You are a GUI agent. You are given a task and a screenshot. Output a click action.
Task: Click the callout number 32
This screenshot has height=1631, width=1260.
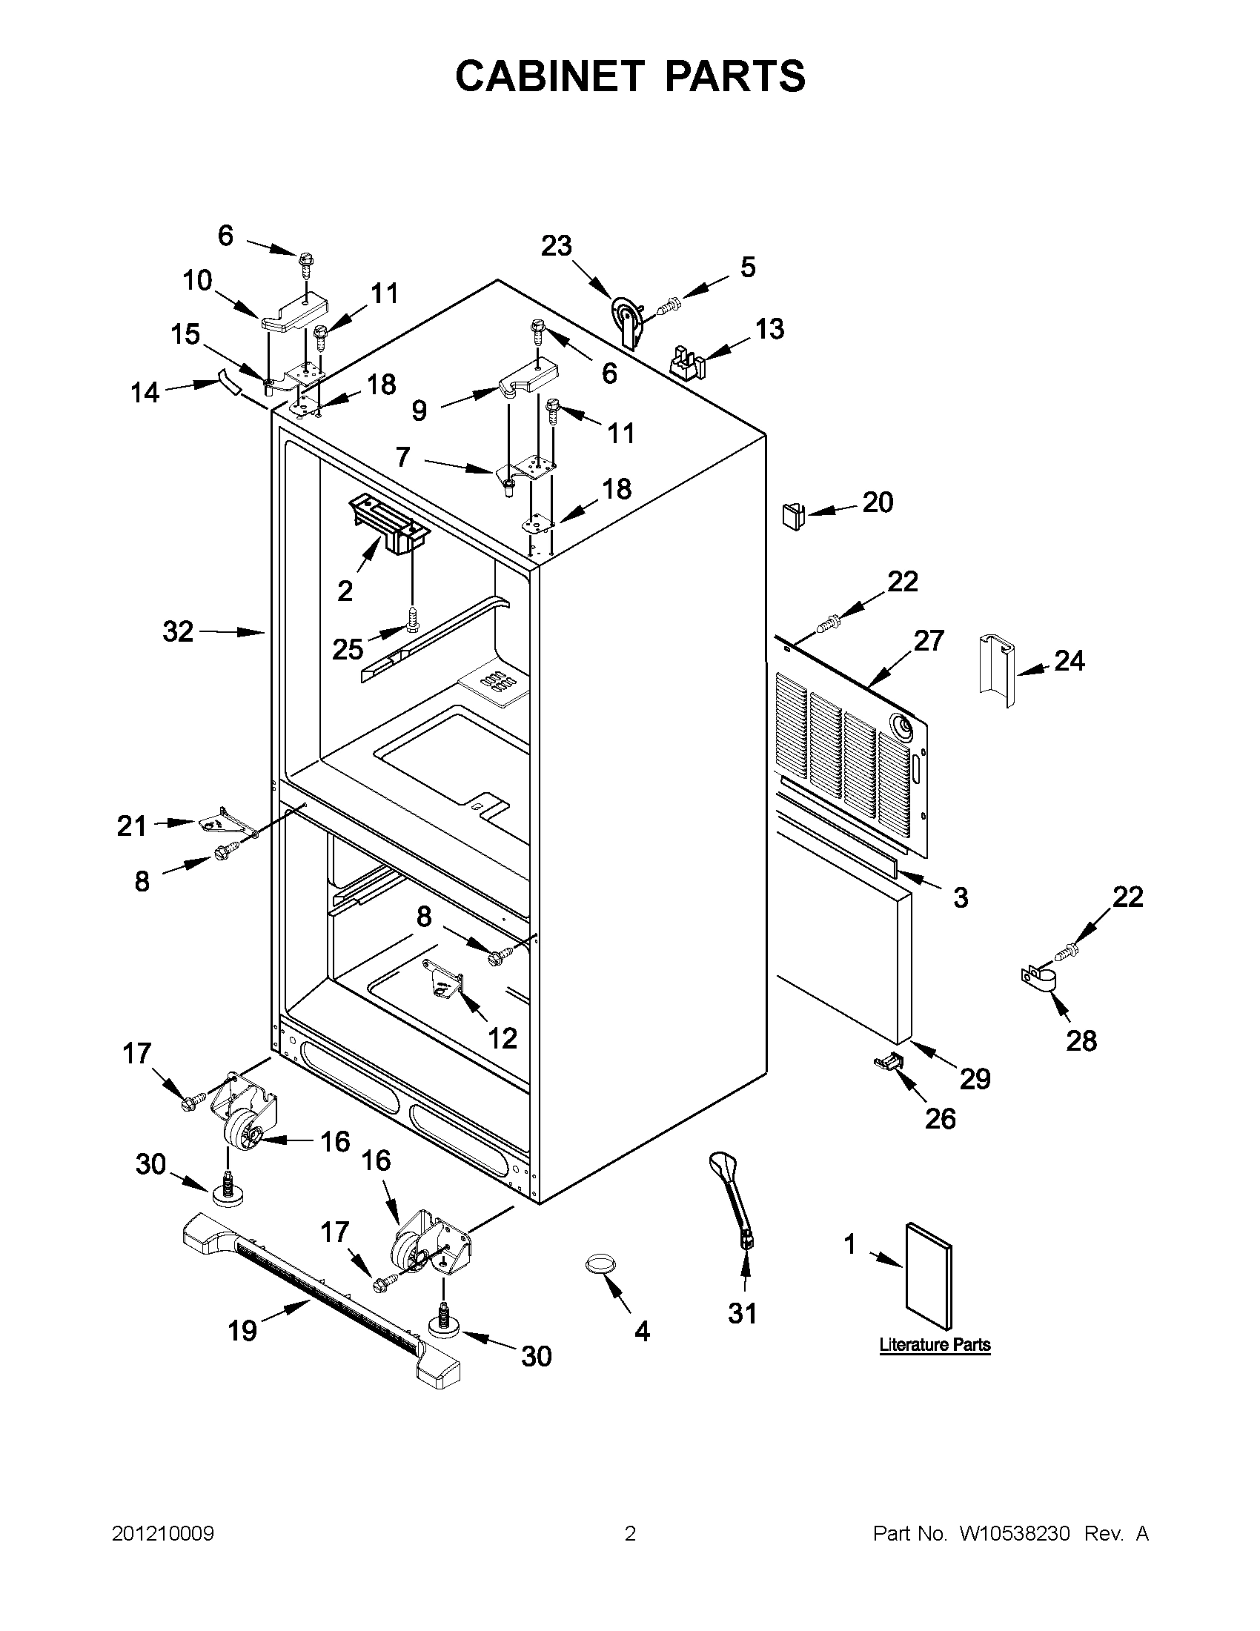pos(178,632)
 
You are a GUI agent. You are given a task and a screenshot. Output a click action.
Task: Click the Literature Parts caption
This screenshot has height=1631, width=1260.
pos(935,1345)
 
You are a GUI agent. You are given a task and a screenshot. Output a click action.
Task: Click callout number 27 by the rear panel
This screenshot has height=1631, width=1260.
pos(929,641)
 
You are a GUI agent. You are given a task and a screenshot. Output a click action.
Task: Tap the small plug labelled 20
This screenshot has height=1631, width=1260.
pos(792,516)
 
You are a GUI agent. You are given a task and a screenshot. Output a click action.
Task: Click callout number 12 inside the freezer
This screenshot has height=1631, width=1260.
pos(502,1037)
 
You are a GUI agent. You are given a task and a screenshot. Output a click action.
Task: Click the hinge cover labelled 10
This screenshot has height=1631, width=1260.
pos(296,314)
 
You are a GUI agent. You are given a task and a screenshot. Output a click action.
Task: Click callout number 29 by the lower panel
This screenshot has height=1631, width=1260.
pos(975,1078)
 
